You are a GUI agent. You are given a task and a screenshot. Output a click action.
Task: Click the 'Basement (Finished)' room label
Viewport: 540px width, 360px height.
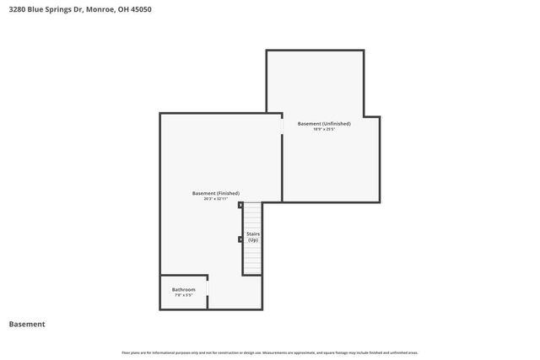click(216, 193)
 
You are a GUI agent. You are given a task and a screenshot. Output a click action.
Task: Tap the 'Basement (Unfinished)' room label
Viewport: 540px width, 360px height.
click(324, 123)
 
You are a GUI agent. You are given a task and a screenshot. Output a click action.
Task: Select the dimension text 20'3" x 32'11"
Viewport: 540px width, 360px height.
click(216, 200)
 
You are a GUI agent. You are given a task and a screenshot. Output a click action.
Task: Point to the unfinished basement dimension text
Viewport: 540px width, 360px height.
click(324, 130)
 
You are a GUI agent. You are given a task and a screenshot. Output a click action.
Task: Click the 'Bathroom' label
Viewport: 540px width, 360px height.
click(184, 289)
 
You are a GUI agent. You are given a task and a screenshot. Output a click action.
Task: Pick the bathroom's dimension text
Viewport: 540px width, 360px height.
click(184, 296)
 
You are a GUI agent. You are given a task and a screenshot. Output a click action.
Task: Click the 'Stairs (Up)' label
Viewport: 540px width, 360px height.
click(252, 237)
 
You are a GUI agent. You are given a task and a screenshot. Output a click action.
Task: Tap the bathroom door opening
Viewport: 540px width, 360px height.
click(208, 292)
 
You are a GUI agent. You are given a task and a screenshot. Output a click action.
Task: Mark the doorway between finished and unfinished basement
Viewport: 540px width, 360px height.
click(282, 126)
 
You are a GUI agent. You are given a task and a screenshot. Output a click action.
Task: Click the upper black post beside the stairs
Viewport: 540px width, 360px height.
click(240, 205)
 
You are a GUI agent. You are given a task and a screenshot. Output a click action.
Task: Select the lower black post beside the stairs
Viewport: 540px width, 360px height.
click(240, 239)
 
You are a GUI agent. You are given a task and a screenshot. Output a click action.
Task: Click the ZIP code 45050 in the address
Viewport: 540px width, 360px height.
click(143, 9)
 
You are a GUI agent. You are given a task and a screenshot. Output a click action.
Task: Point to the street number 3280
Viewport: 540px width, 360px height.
click(18, 9)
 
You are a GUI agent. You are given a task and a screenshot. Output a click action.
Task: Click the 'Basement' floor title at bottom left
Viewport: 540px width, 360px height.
click(27, 325)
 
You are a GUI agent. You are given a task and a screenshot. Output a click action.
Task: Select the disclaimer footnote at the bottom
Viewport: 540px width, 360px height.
click(270, 352)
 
